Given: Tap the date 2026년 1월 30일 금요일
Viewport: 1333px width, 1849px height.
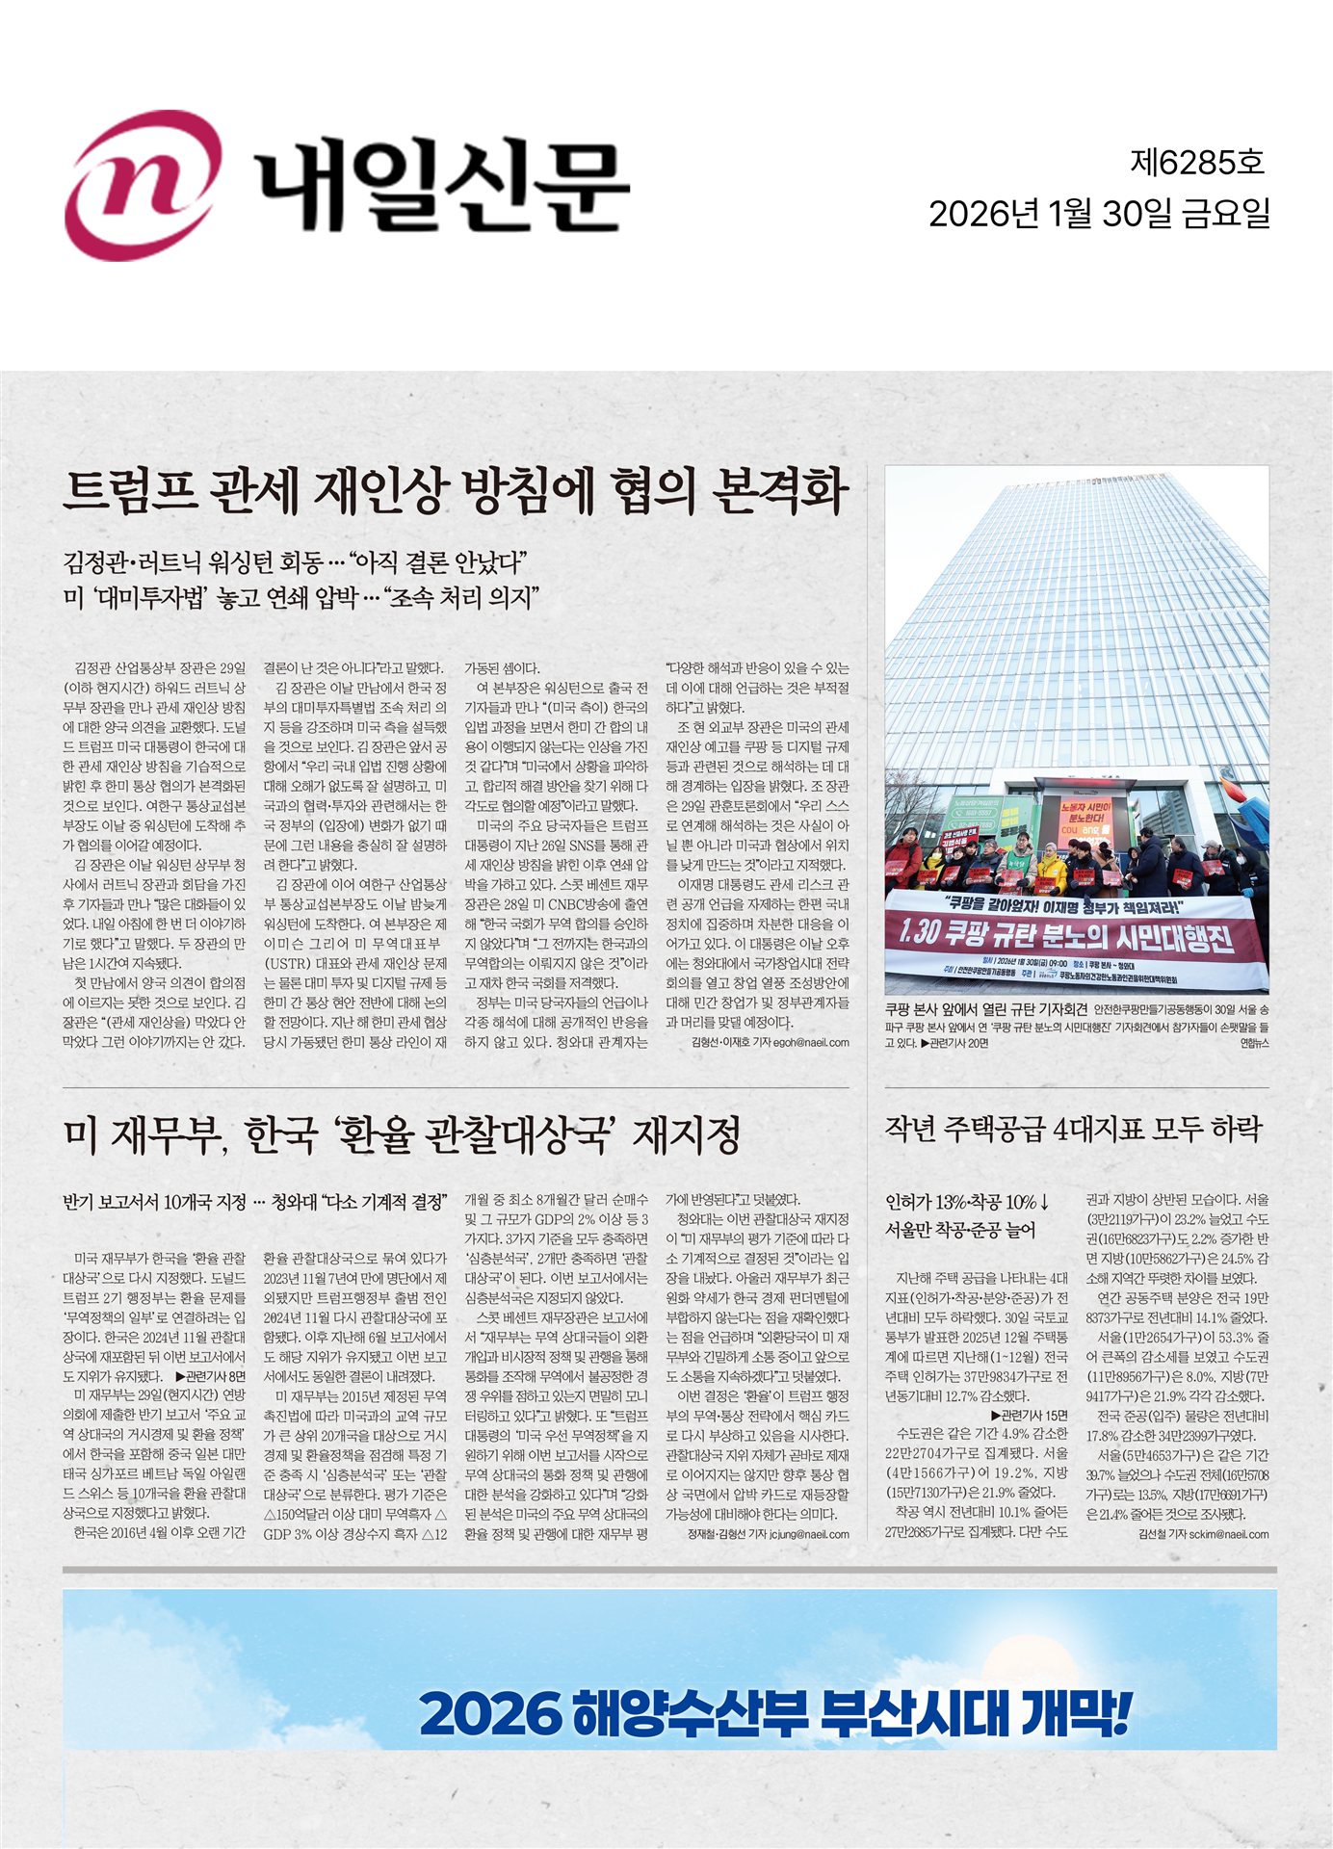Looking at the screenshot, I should pos(1099,214).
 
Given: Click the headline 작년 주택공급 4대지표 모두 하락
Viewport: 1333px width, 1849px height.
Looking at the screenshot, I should pos(1072,1129).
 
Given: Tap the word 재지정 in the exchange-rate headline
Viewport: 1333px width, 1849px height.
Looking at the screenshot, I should pos(685,1134).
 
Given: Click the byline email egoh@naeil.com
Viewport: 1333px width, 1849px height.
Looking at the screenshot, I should pos(811,1042).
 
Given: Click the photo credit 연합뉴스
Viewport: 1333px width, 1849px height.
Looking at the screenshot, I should pos(1253,1042).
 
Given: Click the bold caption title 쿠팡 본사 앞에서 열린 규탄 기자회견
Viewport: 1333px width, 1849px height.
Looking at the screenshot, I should pos(986,1009).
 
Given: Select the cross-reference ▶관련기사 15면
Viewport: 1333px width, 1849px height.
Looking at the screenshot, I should pos(1029,1416).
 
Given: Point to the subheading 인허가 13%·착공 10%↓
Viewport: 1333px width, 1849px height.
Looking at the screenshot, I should pos(966,1202).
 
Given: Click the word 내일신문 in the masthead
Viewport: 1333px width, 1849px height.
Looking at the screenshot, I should pos(442,187).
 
